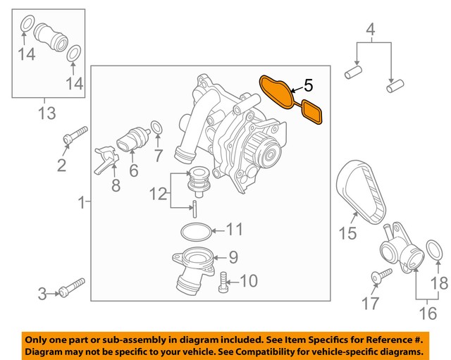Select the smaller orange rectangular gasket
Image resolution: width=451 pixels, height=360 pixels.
311,111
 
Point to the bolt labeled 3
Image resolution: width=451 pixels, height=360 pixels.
72,287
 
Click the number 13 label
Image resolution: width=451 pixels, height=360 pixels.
47,114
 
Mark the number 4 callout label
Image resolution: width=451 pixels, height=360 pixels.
370,30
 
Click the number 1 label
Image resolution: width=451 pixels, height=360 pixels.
82,204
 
